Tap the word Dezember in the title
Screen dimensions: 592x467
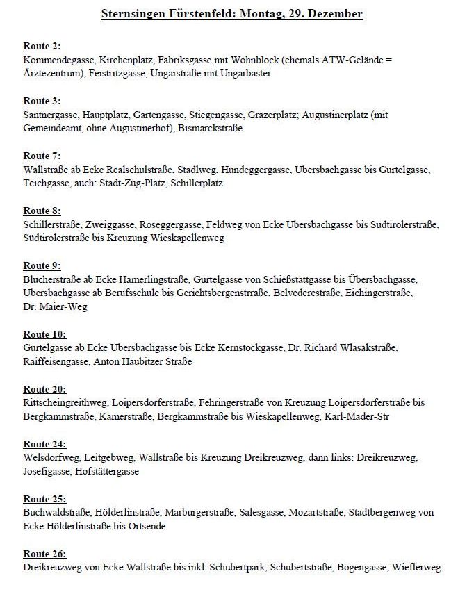[336, 14]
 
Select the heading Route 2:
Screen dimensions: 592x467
[42, 47]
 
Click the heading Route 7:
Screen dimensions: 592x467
[42, 156]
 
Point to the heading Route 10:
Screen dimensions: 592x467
[44, 334]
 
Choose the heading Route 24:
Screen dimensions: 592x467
[44, 444]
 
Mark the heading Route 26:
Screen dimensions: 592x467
[44, 554]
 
